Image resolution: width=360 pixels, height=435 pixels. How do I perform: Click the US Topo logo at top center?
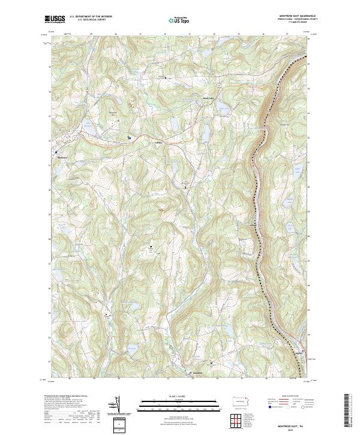pyautogui.click(x=178, y=20)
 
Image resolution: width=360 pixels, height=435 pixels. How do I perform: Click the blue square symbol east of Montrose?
pyautogui.click(x=129, y=137)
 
